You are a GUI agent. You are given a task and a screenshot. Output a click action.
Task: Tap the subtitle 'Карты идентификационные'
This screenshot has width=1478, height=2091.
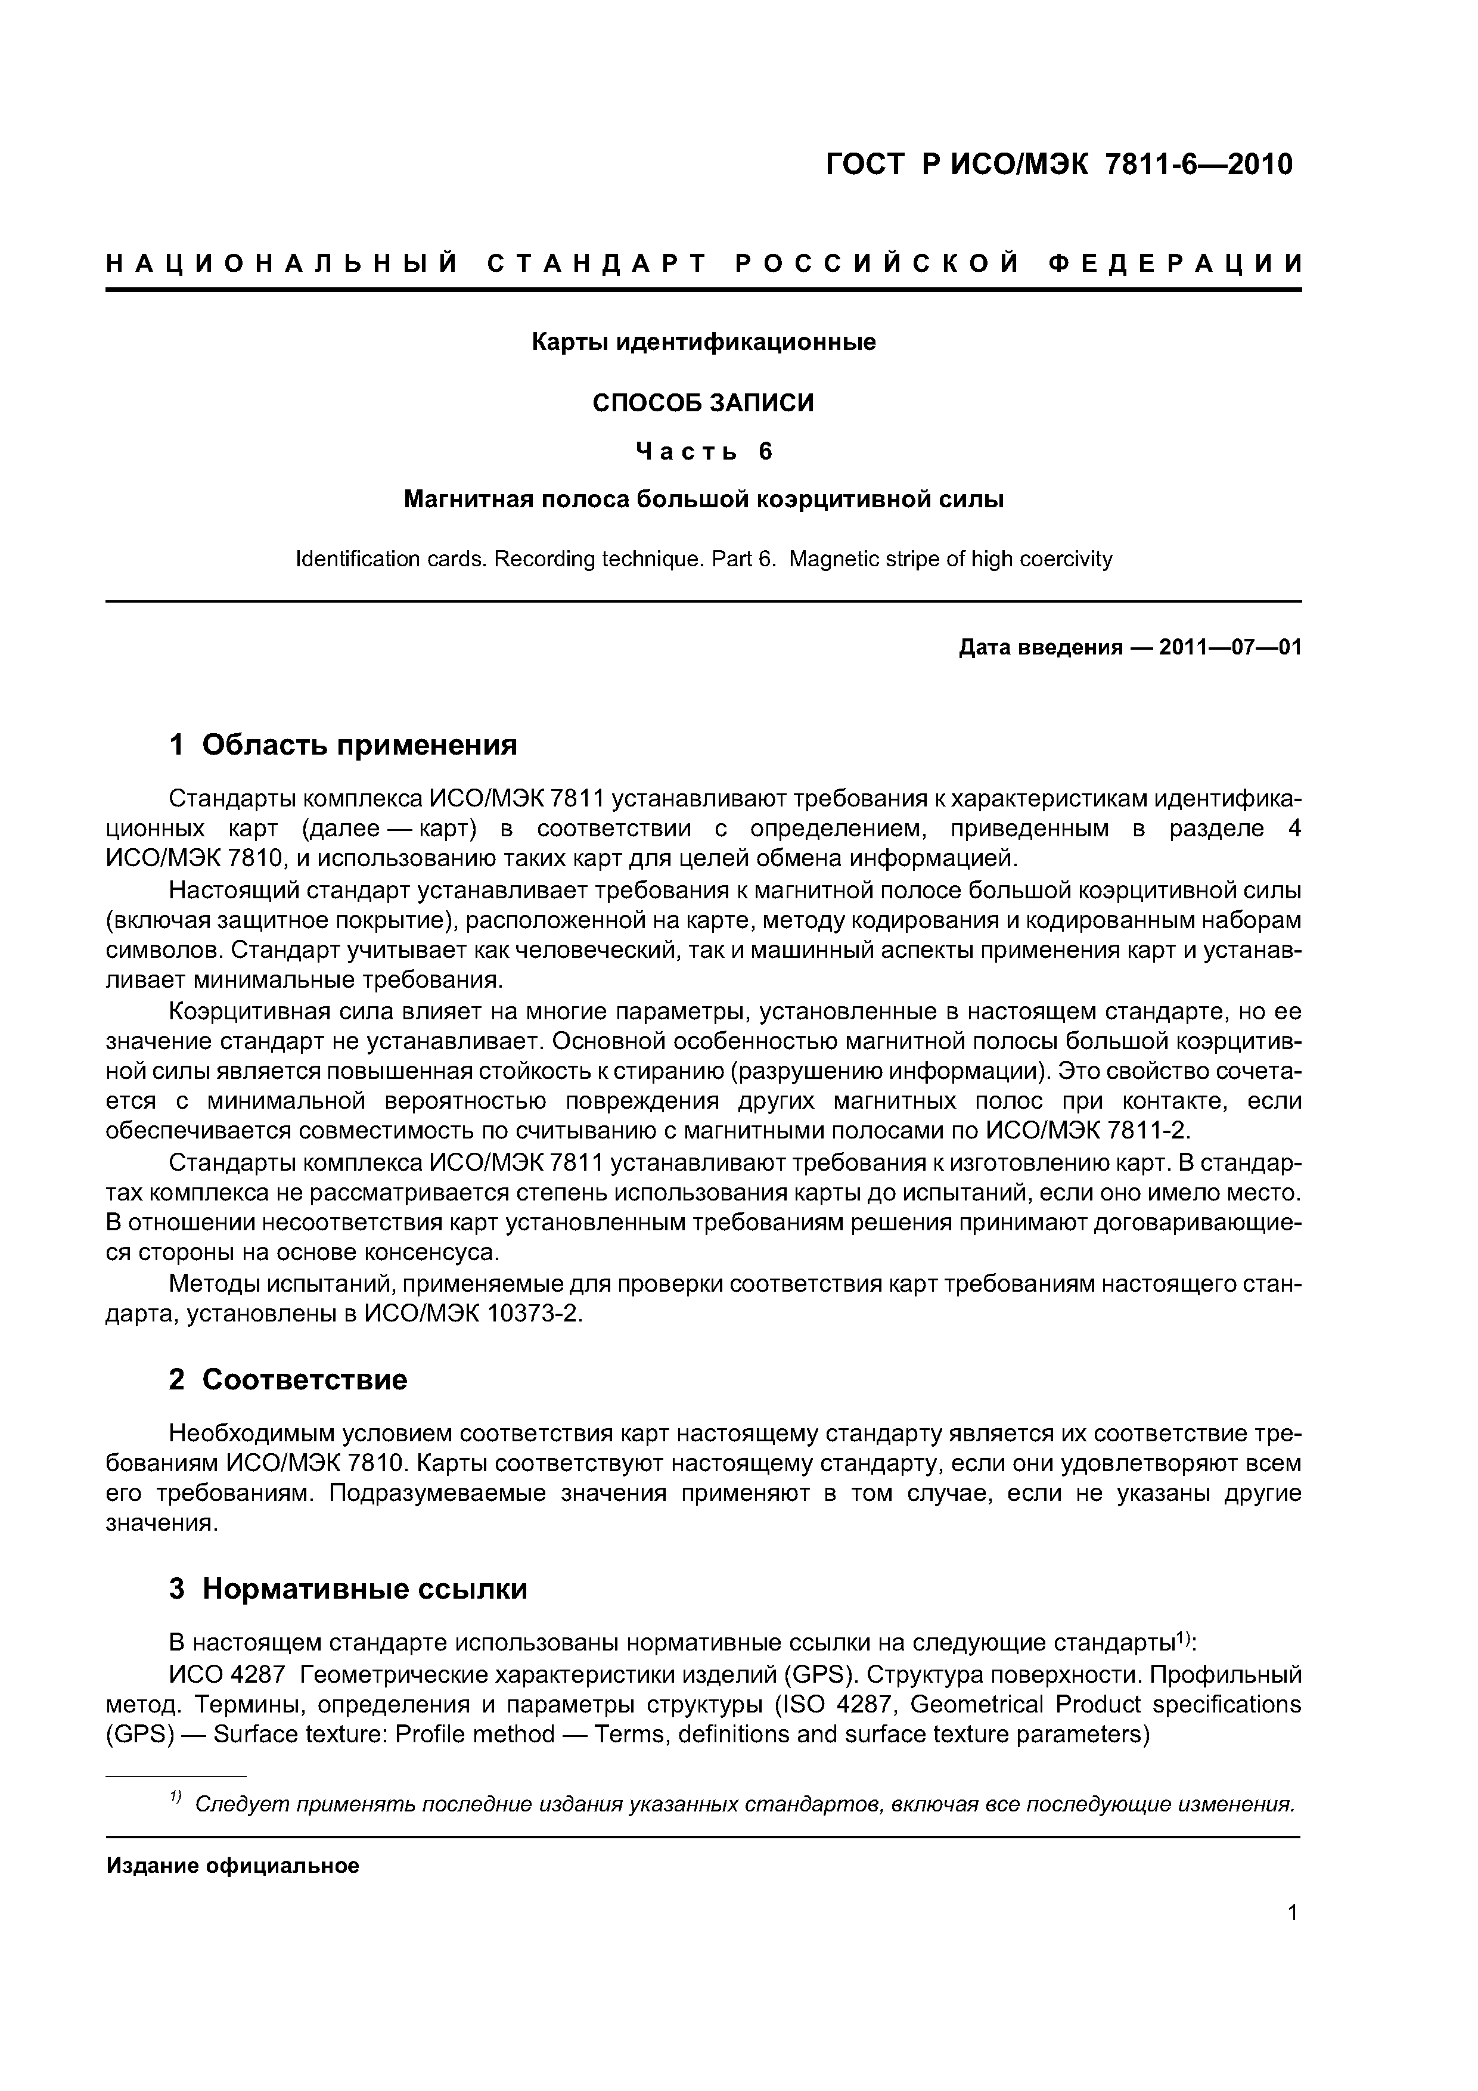(x=703, y=342)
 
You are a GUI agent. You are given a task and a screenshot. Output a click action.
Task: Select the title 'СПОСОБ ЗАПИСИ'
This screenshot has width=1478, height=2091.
(x=703, y=402)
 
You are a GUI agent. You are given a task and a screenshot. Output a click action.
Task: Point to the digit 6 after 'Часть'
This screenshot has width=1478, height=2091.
(x=765, y=452)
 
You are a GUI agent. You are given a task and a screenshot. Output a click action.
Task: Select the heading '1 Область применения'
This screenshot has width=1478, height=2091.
(x=343, y=745)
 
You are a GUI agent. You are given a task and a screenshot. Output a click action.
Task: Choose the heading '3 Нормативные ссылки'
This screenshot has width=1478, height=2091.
(x=348, y=1589)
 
